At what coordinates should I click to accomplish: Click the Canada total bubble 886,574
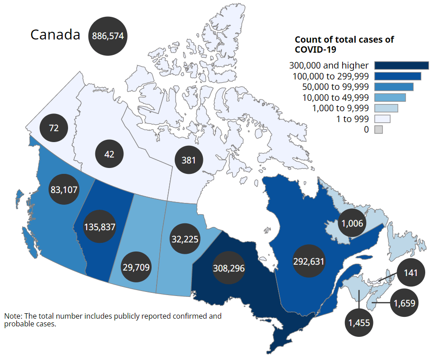click(108, 36)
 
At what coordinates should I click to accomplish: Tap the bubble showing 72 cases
click(54, 128)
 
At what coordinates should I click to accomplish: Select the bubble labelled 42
click(109, 154)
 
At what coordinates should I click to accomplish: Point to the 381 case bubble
click(189, 160)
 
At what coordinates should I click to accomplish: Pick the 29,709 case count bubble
click(136, 267)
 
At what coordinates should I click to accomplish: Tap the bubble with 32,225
click(185, 239)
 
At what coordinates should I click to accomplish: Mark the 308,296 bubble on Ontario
click(229, 268)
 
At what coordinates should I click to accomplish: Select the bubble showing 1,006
click(353, 222)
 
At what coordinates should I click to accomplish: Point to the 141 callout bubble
click(411, 273)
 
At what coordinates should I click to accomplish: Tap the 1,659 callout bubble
click(404, 303)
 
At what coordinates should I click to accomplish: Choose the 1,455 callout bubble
click(359, 323)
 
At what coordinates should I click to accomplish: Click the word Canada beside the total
click(55, 35)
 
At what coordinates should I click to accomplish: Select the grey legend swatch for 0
click(378, 130)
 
